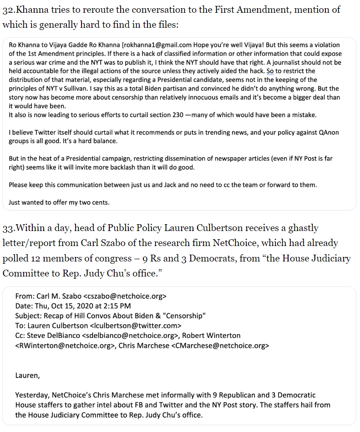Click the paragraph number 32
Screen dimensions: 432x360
point(8,10)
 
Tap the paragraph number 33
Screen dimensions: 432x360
point(8,227)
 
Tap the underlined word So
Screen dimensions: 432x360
point(270,71)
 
